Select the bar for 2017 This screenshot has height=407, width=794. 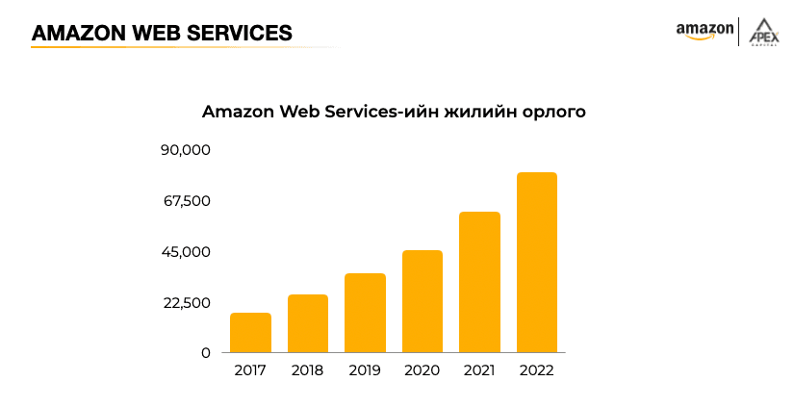click(x=250, y=333)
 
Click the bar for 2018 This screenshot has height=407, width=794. click(x=308, y=323)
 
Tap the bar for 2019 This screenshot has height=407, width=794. click(x=365, y=313)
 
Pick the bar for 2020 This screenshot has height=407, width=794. click(x=423, y=301)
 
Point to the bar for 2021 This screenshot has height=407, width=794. click(x=479, y=282)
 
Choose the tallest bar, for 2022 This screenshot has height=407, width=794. click(x=537, y=262)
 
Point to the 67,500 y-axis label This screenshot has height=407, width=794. click(x=186, y=201)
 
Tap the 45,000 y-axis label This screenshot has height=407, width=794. click(x=186, y=252)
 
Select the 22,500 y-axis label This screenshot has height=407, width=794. click(x=186, y=303)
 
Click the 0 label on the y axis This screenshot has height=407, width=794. click(x=205, y=353)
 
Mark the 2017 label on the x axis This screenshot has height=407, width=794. click(x=250, y=370)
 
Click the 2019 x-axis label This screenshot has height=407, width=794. click(x=365, y=370)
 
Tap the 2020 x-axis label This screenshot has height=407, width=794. click(x=423, y=370)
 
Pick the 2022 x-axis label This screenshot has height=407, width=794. click(x=537, y=370)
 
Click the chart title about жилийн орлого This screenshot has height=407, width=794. click(x=394, y=113)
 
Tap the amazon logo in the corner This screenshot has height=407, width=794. click(x=704, y=31)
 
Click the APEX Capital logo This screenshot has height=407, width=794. click(x=766, y=31)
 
